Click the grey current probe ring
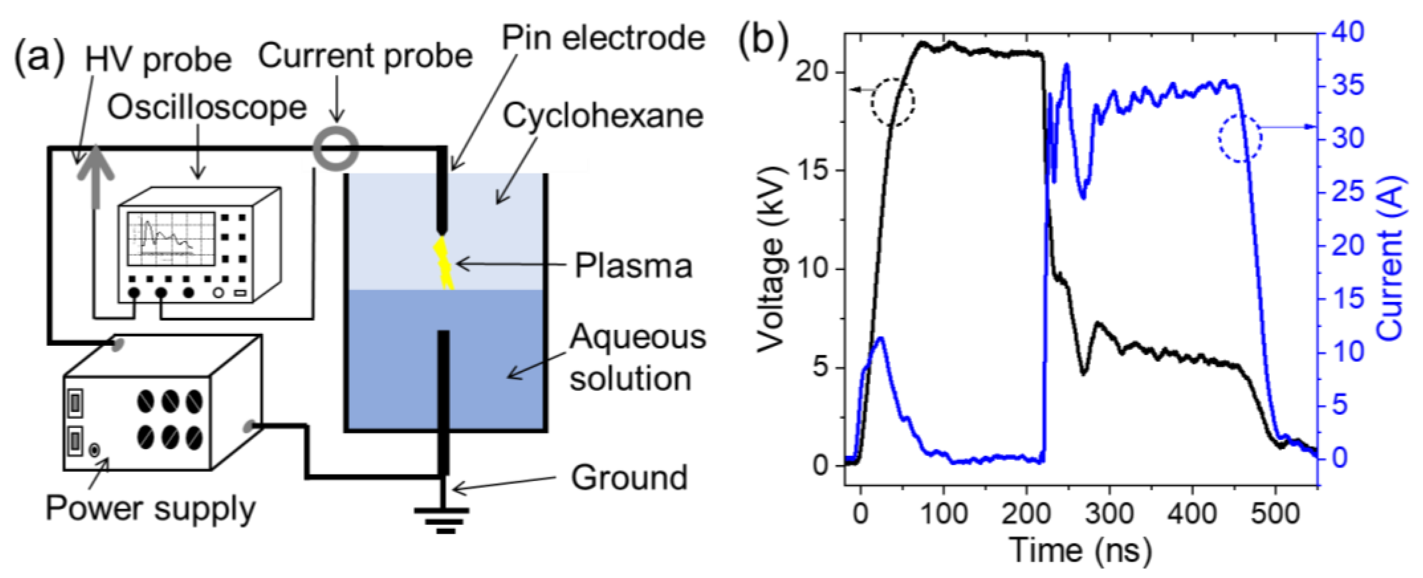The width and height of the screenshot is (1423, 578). tap(336, 148)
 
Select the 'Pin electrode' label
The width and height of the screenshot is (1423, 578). tap(603, 39)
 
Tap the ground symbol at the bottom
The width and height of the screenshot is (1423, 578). tap(443, 519)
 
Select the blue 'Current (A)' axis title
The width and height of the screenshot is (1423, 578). tap(1390, 260)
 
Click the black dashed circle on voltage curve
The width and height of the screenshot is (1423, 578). tap(893, 102)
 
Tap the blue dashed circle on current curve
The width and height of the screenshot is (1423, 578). tap(1240, 139)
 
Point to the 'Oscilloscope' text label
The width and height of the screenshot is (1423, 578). tap(207, 108)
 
